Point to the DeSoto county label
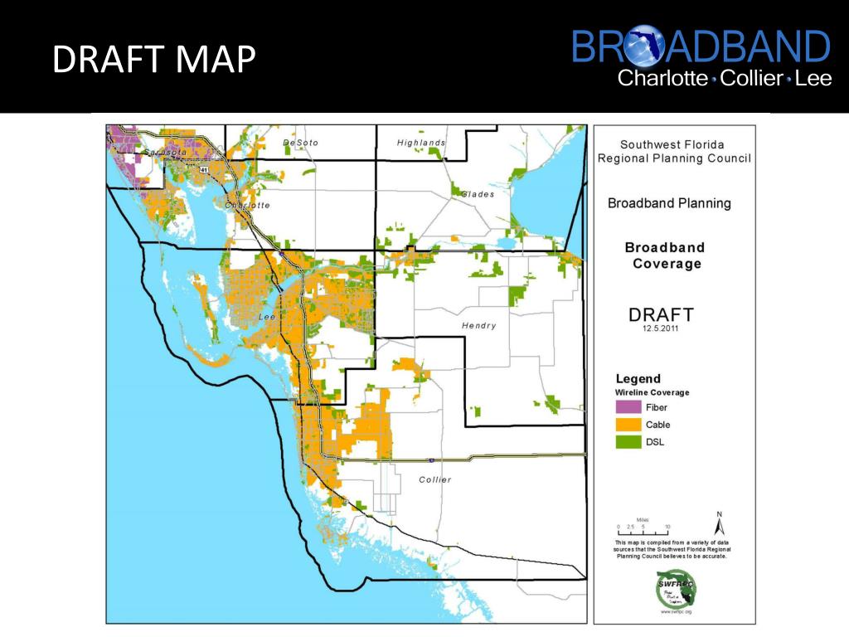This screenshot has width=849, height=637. pos(300,143)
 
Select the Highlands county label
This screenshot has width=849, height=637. pos(420,143)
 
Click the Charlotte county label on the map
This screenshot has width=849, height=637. pos(247,205)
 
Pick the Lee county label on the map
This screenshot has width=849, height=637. pos(266,317)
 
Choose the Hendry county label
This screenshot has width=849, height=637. pos(478,326)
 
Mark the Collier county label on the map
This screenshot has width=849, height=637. pos(435,479)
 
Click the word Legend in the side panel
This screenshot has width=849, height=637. pos(638,378)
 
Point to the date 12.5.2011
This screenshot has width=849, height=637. pos(660,328)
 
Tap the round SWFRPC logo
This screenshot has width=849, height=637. pos(674,589)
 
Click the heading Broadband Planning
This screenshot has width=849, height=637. pos(669,203)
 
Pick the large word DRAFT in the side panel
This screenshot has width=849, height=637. pos(661,314)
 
